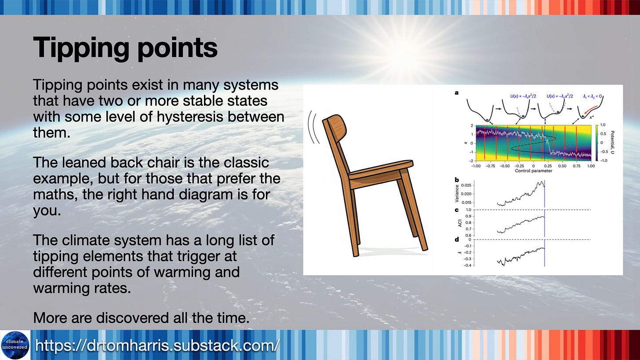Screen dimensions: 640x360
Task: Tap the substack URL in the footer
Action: coord(157,345)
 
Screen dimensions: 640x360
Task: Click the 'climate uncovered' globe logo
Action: coord(15,345)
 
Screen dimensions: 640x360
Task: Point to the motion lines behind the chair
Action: coord(313,127)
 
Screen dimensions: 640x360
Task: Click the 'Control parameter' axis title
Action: coord(534,171)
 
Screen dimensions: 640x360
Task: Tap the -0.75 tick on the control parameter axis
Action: coord(490,166)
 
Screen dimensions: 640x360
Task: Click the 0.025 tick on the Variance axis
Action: coord(466,185)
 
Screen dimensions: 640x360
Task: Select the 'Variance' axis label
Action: coord(456,193)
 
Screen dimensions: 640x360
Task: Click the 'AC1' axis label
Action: coord(460,223)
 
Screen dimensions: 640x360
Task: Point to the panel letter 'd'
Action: coord(457,239)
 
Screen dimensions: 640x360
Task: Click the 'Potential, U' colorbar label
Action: coord(612,142)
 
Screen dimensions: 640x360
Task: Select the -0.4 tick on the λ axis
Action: coord(467,265)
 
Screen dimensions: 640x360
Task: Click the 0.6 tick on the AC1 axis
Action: coord(468,236)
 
